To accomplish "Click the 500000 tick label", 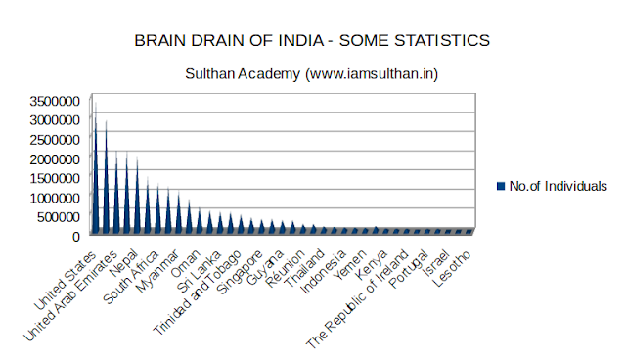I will [51, 216].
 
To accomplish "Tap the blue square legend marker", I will [501, 186].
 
